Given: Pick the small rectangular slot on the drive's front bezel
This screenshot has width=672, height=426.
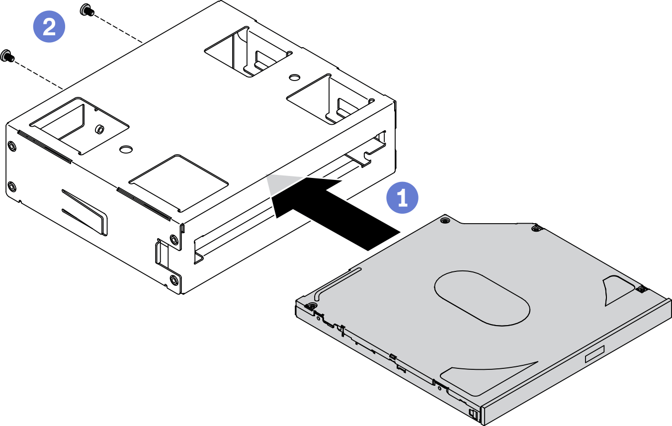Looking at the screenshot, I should pos(594,354).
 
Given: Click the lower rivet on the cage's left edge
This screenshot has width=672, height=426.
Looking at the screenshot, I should pos(11,187).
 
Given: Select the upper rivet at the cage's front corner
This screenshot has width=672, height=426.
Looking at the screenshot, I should pos(173,240).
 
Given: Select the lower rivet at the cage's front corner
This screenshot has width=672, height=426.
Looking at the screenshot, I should pos(173,280).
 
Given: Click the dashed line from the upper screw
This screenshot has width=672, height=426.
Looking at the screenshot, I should pos(119,29).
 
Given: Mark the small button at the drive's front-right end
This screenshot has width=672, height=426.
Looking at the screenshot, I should pos(473,413).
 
